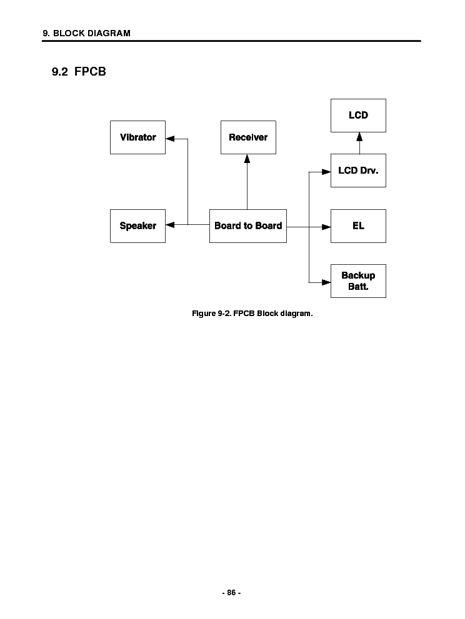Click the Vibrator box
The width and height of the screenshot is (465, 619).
click(137, 137)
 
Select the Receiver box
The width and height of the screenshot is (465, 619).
click(248, 137)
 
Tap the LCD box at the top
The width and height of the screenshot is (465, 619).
click(358, 116)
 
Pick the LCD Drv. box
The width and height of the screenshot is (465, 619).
click(358, 171)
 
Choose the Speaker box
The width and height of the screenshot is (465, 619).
click(137, 225)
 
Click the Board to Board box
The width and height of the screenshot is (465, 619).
click(248, 225)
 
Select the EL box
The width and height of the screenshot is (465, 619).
click(358, 225)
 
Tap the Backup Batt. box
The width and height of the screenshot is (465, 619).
click(358, 281)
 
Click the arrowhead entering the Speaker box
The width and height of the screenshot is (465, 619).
click(170, 225)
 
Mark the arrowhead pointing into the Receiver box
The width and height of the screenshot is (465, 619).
click(247, 159)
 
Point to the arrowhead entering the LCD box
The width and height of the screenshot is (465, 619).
click(359, 136)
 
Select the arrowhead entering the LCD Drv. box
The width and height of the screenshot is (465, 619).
click(326, 171)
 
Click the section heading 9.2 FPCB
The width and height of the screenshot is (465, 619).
click(79, 72)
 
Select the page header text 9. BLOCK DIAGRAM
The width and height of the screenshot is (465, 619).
click(86, 33)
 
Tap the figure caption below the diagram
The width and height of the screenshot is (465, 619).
click(252, 313)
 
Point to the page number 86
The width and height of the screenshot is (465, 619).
click(231, 592)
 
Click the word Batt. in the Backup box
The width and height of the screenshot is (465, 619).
click(358, 287)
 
